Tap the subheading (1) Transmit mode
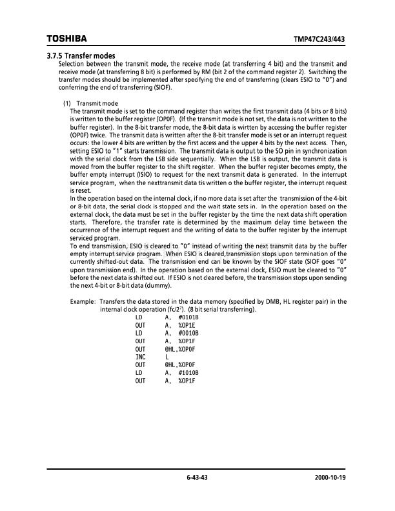(x=90, y=103)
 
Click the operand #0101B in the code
(x=188, y=317)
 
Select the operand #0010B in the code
(x=188, y=333)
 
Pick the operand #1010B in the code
(x=188, y=373)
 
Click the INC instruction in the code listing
(x=141, y=357)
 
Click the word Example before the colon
(x=82, y=301)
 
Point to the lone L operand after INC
(x=167, y=357)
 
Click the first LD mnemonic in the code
(x=139, y=317)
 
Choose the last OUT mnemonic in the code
(x=141, y=381)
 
